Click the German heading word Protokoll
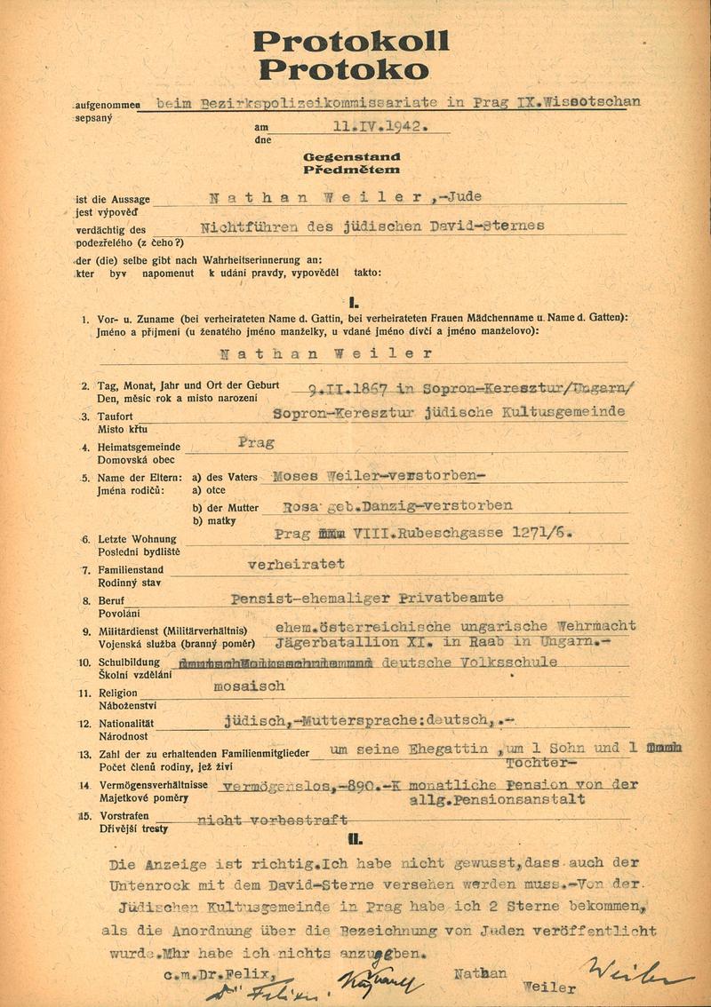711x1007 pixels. pos(351,40)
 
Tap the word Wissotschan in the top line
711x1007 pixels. pos(594,102)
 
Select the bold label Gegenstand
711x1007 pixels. pos(351,156)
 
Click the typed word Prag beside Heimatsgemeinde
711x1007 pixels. pos(257,441)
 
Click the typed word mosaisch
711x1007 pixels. pos(250,686)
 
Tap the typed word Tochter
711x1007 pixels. pos(536,763)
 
